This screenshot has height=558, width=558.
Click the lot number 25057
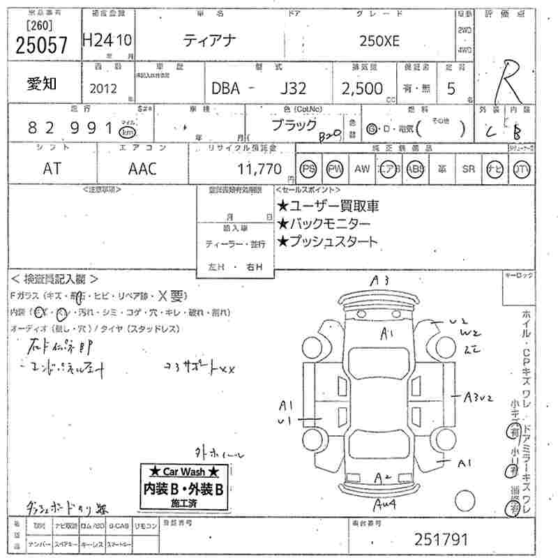[42, 45]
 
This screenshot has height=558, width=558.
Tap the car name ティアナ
[211, 41]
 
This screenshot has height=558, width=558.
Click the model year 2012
[104, 89]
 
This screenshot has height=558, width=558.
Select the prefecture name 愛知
[42, 84]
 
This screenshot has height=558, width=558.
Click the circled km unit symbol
[127, 131]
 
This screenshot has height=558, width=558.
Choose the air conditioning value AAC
[142, 169]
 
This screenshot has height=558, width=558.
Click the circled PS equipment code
[308, 169]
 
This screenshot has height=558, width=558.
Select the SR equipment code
[468, 169]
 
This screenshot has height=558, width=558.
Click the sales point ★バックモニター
[324, 224]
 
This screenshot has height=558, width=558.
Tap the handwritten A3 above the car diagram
[379, 281]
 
